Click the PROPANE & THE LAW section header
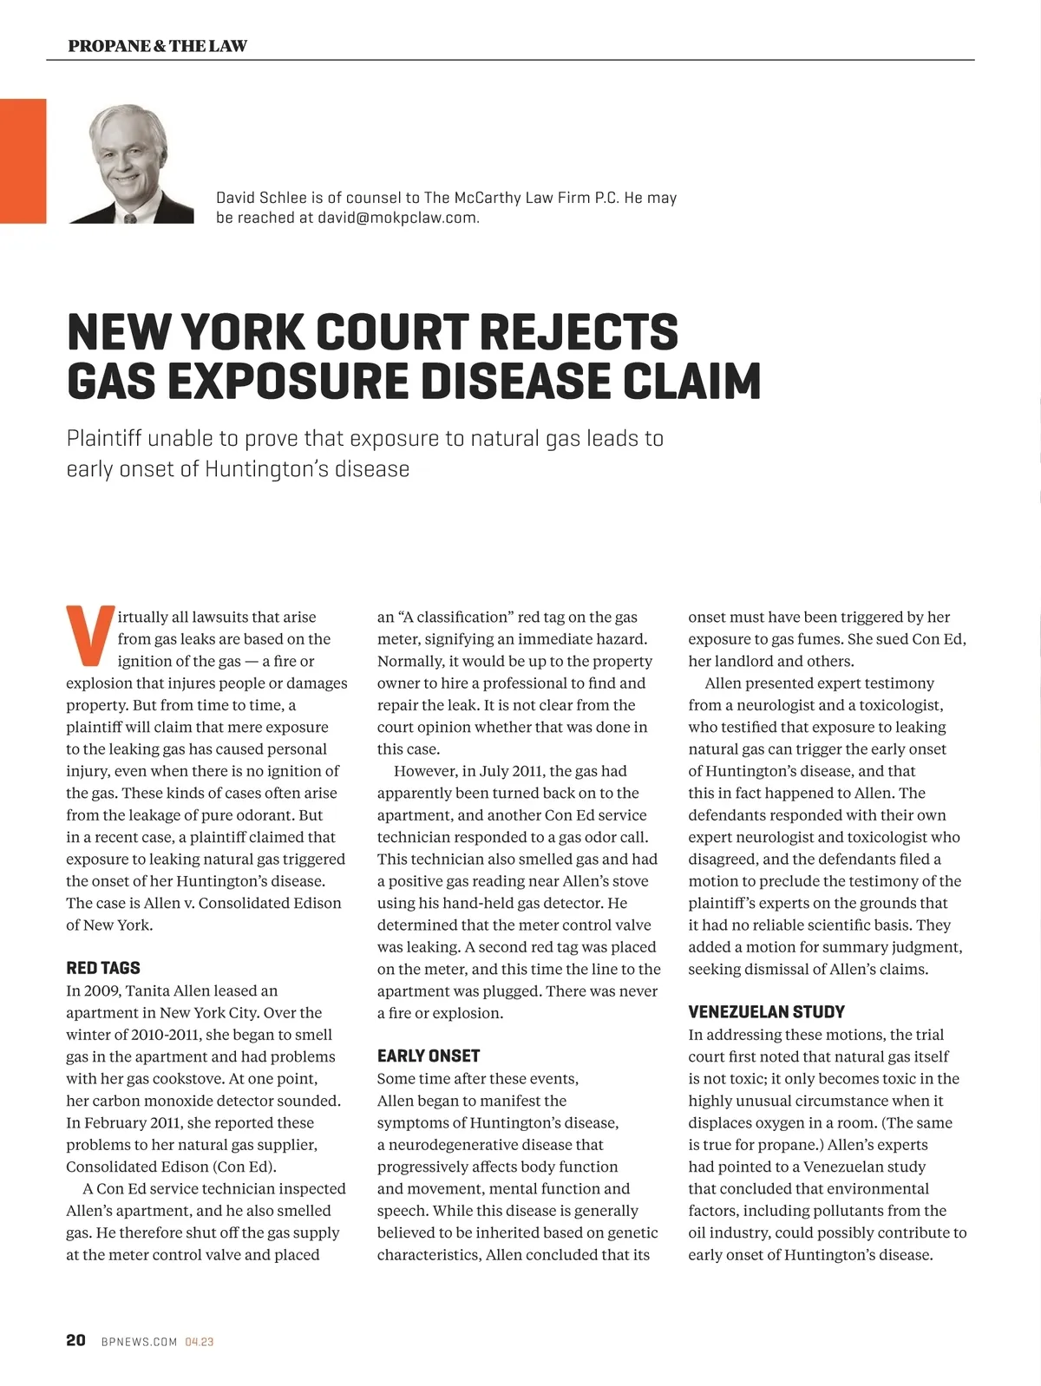tap(157, 46)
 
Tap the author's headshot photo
tap(131, 163)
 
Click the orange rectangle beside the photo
tap(23, 161)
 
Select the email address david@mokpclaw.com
tap(397, 218)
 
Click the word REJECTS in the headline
tap(579, 332)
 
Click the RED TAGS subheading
tap(103, 968)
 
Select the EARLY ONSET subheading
tap(429, 1056)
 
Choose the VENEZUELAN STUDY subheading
tap(766, 1011)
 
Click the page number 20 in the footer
tap(76, 1340)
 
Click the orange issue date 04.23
tap(200, 1342)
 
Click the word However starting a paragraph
tap(423, 771)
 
